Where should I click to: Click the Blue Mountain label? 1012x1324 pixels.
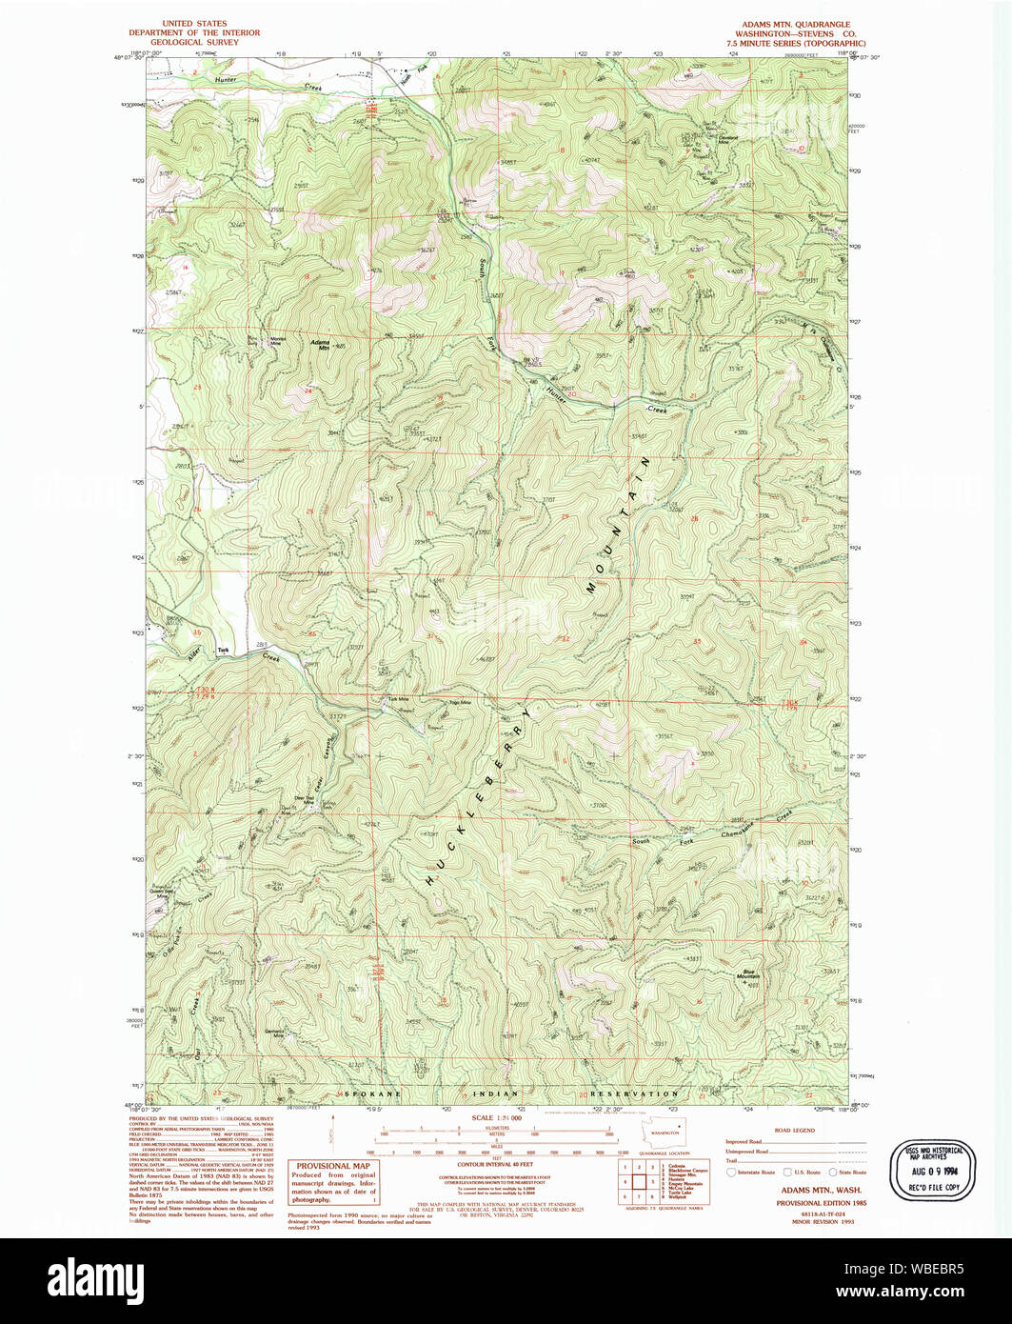pos(752,975)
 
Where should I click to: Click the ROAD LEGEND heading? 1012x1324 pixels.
pos(796,1131)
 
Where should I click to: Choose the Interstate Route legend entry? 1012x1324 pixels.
pos(752,1173)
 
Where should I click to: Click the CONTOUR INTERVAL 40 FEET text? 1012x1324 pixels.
pos(497,1164)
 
